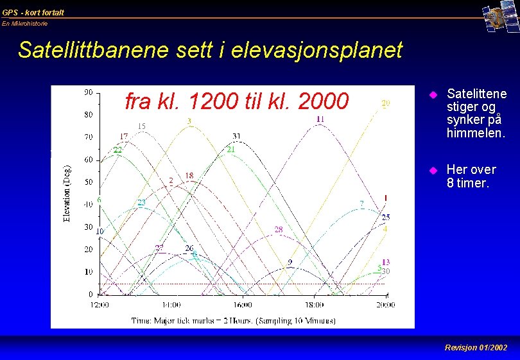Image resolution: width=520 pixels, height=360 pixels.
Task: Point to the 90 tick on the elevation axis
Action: [88, 92]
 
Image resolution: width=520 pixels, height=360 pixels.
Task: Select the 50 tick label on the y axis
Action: [88, 182]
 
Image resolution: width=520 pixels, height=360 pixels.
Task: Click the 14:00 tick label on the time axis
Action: [171, 305]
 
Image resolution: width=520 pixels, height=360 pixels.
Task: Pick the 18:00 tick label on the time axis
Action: [315, 305]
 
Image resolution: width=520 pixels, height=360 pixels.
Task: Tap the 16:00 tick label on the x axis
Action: [243, 305]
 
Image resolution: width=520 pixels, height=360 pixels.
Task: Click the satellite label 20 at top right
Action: [385, 103]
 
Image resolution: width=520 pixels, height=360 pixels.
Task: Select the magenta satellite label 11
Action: [320, 119]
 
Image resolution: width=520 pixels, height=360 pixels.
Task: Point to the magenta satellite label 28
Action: [279, 229]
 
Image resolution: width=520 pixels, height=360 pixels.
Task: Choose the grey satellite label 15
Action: [141, 126]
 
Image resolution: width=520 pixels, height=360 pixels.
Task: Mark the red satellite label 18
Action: [189, 175]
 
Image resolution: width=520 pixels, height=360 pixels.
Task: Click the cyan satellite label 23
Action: [141, 203]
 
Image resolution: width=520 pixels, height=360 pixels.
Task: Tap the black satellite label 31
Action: [237, 136]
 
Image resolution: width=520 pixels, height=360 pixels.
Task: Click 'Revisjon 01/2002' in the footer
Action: [476, 348]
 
